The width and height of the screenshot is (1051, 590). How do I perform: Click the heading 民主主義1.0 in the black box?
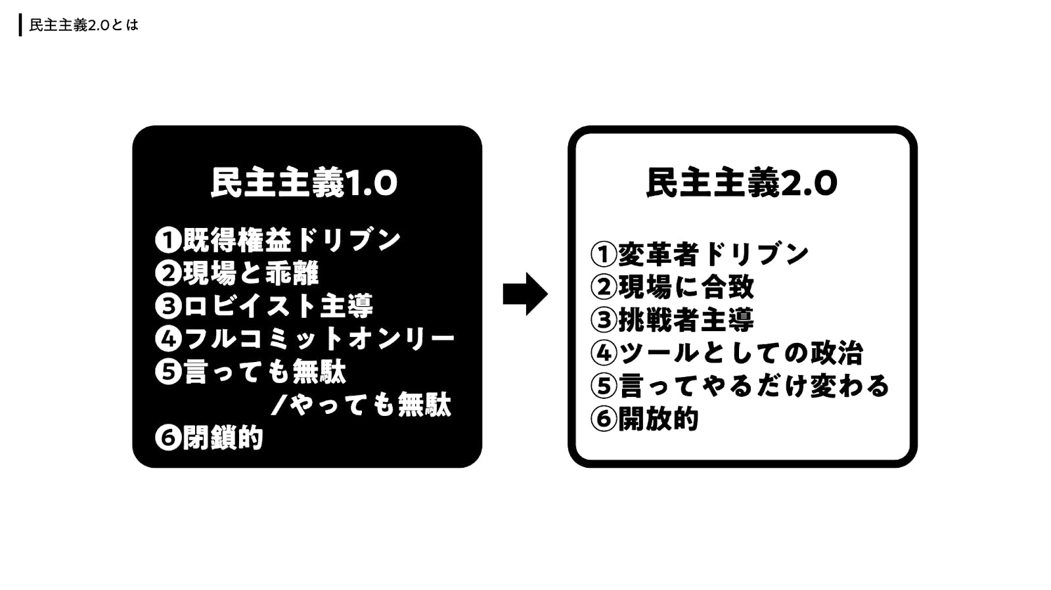(x=303, y=183)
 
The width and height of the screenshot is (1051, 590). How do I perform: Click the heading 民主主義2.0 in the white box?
(x=742, y=183)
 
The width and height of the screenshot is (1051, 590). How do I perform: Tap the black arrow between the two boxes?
(x=525, y=294)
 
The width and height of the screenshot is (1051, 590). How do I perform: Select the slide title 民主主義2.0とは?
(x=84, y=26)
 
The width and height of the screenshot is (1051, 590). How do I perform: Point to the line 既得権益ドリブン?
(x=291, y=240)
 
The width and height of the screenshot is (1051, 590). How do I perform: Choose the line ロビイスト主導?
(x=278, y=306)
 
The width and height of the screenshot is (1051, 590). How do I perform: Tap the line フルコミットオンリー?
(x=319, y=339)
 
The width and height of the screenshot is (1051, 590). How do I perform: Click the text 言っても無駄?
(x=264, y=372)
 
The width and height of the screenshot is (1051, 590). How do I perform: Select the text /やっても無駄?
(x=361, y=405)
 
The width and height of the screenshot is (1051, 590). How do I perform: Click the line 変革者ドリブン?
(x=713, y=254)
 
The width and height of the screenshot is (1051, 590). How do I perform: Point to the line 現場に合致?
(x=686, y=287)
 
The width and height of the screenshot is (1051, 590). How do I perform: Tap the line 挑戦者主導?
(x=686, y=320)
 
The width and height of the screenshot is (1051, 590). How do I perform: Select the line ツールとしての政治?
(x=740, y=353)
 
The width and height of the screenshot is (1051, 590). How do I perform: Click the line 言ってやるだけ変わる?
(x=753, y=386)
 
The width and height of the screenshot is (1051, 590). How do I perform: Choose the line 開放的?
(x=658, y=419)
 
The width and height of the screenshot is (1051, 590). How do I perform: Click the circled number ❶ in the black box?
(x=168, y=240)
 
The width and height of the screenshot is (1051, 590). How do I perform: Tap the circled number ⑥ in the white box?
(x=603, y=419)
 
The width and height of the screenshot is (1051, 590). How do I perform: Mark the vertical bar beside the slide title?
(x=20, y=26)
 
